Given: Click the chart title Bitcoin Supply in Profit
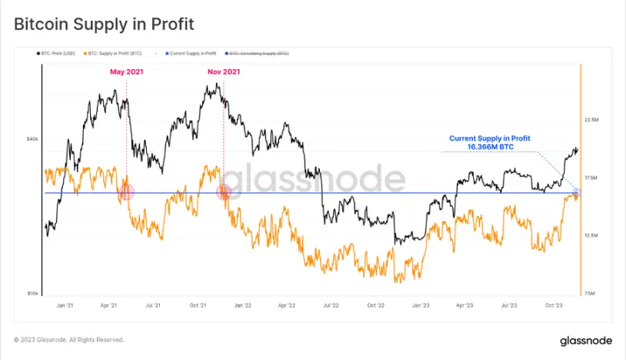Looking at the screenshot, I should tap(104, 25).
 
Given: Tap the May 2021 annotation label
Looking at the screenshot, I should tap(125, 72).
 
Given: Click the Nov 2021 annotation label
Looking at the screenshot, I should tap(224, 72).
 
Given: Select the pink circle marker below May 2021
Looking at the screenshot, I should tap(125, 192).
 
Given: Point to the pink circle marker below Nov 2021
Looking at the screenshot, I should tap(224, 192).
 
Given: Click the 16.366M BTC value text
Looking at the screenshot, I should tap(489, 146).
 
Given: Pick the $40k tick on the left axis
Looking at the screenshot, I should tap(32, 139).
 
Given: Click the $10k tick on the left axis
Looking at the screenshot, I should tap(32, 294).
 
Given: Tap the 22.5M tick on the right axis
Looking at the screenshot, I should tap(591, 120).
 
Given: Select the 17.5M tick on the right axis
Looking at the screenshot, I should tap(591, 178).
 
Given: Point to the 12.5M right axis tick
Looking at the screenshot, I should tap(591, 235).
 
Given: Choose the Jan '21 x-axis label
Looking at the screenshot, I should tap(65, 305).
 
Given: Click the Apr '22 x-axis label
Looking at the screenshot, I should tap(286, 305).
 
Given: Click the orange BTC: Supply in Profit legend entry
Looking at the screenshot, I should tap(115, 53).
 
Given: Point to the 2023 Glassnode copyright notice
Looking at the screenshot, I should tap(69, 339).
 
